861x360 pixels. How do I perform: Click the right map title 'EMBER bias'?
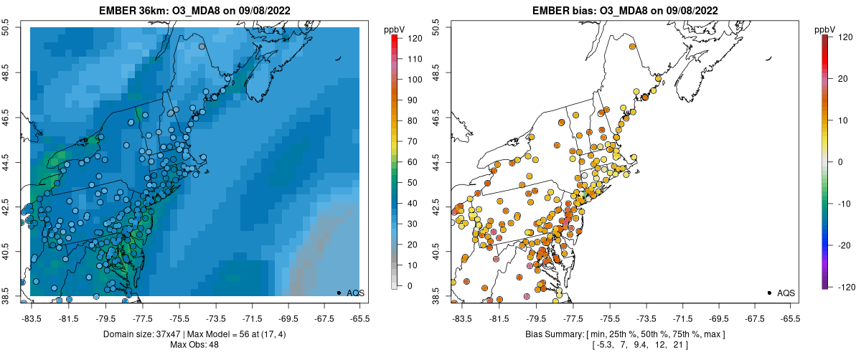click(562, 11)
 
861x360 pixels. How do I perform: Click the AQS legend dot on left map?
click(338, 293)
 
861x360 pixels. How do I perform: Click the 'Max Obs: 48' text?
click(194, 345)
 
